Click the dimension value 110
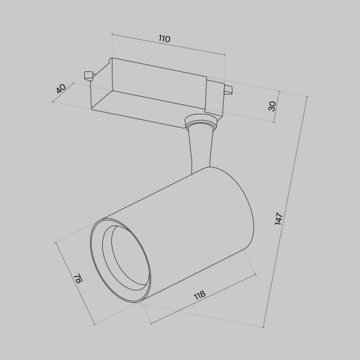click(165, 39)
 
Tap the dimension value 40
click(61, 89)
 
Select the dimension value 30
click(273, 106)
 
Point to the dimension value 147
click(278, 219)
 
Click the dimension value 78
click(78, 278)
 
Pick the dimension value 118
click(199, 295)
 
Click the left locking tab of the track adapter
click(89, 76)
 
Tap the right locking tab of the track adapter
click(228, 89)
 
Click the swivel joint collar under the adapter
click(201, 121)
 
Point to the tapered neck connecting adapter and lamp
click(200, 149)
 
